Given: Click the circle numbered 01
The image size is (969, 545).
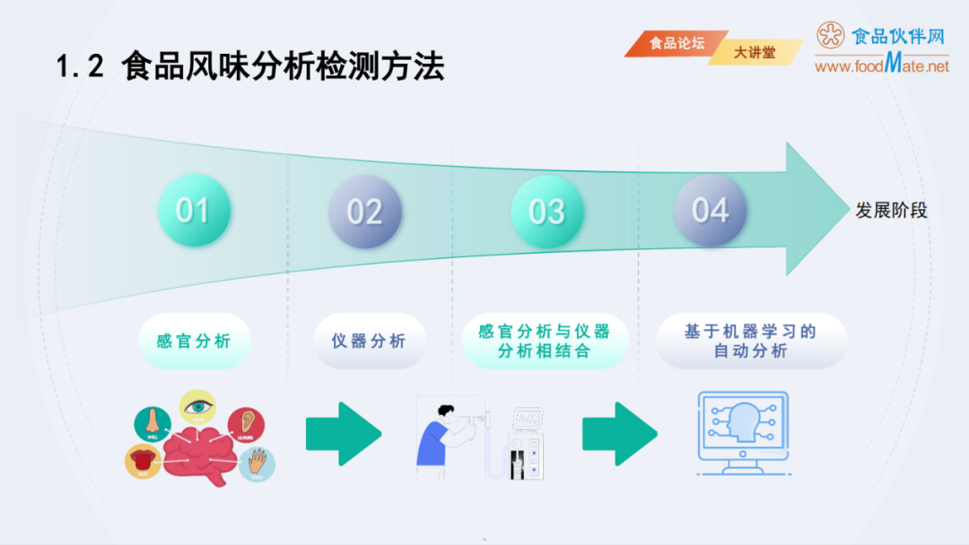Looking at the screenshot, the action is (194, 211).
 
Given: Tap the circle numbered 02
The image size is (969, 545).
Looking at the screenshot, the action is (364, 212).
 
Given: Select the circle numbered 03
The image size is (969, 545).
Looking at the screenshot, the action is (546, 212).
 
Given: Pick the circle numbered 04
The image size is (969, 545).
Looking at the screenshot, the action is (710, 211).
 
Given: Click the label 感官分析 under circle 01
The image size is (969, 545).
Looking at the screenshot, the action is (194, 341).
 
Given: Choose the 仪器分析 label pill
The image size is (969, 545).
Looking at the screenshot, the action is (369, 341).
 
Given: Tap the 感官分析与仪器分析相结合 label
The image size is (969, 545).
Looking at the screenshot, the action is (544, 341).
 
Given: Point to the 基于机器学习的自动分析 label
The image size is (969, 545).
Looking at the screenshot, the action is (750, 341).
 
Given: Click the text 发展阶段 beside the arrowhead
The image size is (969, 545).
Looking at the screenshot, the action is (891, 211).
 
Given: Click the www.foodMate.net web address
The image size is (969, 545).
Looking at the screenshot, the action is (881, 65).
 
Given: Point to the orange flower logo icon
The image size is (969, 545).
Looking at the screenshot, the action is (831, 35).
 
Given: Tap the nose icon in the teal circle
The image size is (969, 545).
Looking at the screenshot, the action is (153, 420).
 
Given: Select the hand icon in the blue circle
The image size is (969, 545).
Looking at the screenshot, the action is (258, 463).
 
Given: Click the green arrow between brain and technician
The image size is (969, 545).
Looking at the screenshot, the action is (343, 434).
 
